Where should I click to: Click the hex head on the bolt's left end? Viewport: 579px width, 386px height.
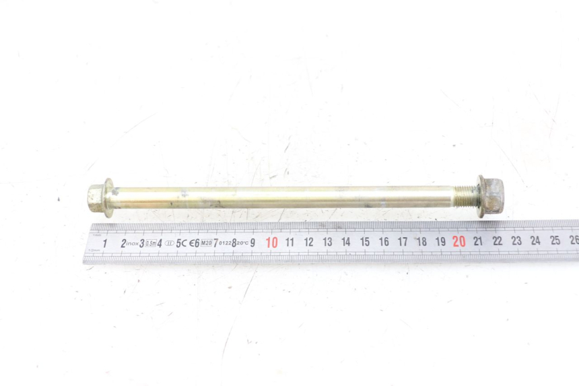pos(99,197)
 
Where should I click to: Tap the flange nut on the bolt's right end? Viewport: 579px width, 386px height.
pos(491,196)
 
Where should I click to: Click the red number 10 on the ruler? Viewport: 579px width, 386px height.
pos(272,243)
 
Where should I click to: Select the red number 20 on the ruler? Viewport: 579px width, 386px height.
pos(459,241)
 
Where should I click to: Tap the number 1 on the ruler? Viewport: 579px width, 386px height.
pos(105,243)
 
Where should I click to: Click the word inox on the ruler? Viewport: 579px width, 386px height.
pos(133,244)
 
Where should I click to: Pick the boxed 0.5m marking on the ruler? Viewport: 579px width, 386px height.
pos(151,243)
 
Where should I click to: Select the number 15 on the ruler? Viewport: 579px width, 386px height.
pos(365,242)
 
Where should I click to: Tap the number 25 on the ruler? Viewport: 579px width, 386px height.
pos(555,240)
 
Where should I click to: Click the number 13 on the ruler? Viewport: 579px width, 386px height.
pos(327,242)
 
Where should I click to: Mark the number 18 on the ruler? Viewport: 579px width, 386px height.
pos(421,241)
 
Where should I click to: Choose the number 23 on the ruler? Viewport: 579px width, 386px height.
pos(516,240)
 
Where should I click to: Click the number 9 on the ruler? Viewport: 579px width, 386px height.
pos(253,243)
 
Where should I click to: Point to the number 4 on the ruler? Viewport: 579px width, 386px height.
pos(160,243)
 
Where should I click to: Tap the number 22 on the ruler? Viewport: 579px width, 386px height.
pos(498,240)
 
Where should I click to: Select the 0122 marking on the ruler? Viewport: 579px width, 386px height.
pos(225,243)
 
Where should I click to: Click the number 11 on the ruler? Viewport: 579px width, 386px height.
pos(290,242)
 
